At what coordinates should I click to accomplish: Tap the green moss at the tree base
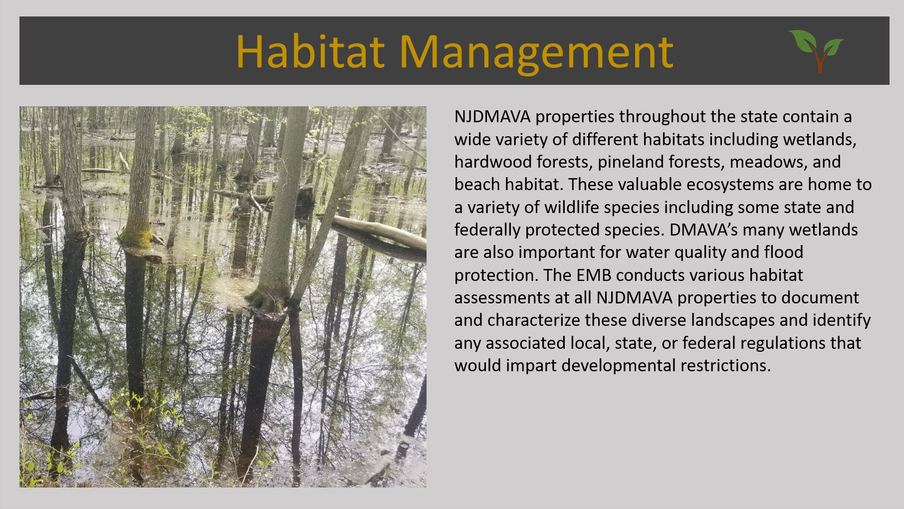click(136, 238)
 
